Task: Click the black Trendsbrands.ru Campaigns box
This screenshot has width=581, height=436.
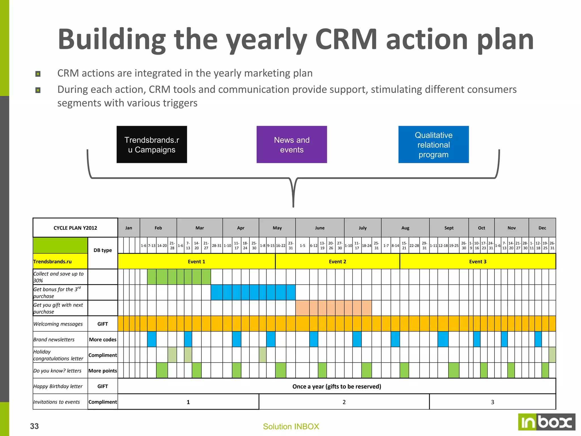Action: (152, 144)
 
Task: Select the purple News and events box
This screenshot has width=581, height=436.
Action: (292, 144)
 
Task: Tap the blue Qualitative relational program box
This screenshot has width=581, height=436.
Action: (433, 144)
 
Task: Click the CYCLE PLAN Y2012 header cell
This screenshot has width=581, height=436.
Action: (75, 228)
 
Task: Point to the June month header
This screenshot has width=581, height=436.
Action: (320, 228)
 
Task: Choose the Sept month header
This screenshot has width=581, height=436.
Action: (449, 228)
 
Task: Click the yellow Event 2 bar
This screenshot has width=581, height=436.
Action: (337, 261)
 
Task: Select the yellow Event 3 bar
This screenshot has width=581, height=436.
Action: (478, 261)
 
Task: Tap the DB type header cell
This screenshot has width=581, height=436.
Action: (103, 250)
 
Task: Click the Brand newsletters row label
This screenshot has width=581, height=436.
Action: (54, 339)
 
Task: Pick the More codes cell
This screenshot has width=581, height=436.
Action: (103, 339)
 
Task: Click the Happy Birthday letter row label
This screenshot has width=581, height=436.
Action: (58, 386)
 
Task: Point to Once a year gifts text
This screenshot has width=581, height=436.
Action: (337, 386)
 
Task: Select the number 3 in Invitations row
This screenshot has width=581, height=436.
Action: (492, 402)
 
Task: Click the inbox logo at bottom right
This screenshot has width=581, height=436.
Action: (546, 422)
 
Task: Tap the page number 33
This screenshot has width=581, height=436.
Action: (34, 426)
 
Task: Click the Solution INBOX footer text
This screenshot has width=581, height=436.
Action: (291, 426)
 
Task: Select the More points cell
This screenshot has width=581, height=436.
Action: (103, 371)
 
